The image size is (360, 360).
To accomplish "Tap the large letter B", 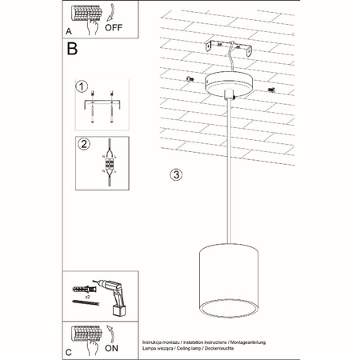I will (72, 49).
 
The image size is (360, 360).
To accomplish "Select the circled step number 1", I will (81, 86).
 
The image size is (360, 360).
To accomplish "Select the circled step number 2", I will (81, 145).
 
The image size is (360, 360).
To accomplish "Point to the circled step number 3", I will (177, 174).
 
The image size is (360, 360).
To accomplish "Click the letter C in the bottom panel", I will (70, 351).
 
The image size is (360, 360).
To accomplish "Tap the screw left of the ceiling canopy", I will (190, 79).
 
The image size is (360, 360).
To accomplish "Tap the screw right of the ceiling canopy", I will (271, 90).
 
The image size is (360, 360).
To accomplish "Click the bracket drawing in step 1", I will (102, 104).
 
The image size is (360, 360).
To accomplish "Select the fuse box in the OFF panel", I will (83, 16).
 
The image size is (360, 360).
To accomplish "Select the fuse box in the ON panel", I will (83, 332).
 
